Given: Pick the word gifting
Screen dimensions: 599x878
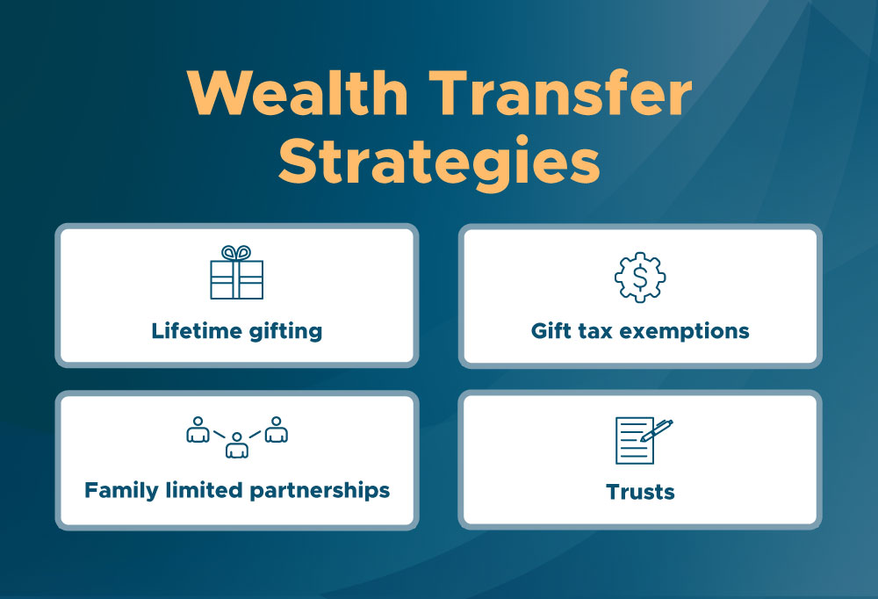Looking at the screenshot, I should [284, 332].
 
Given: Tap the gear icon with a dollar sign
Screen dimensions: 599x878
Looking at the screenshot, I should [640, 278].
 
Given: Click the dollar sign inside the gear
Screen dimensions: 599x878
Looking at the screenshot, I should [640, 278].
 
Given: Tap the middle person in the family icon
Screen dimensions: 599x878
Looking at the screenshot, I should [237, 446].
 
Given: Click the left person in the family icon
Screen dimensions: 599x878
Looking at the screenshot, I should [198, 429].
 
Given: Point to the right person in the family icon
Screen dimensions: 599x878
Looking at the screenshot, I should [277, 429].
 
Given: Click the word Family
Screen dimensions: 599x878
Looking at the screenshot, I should [121, 490].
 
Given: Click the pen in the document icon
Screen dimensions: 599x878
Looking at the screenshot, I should [656, 430].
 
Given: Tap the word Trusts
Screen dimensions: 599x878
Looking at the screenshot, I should [640, 491].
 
